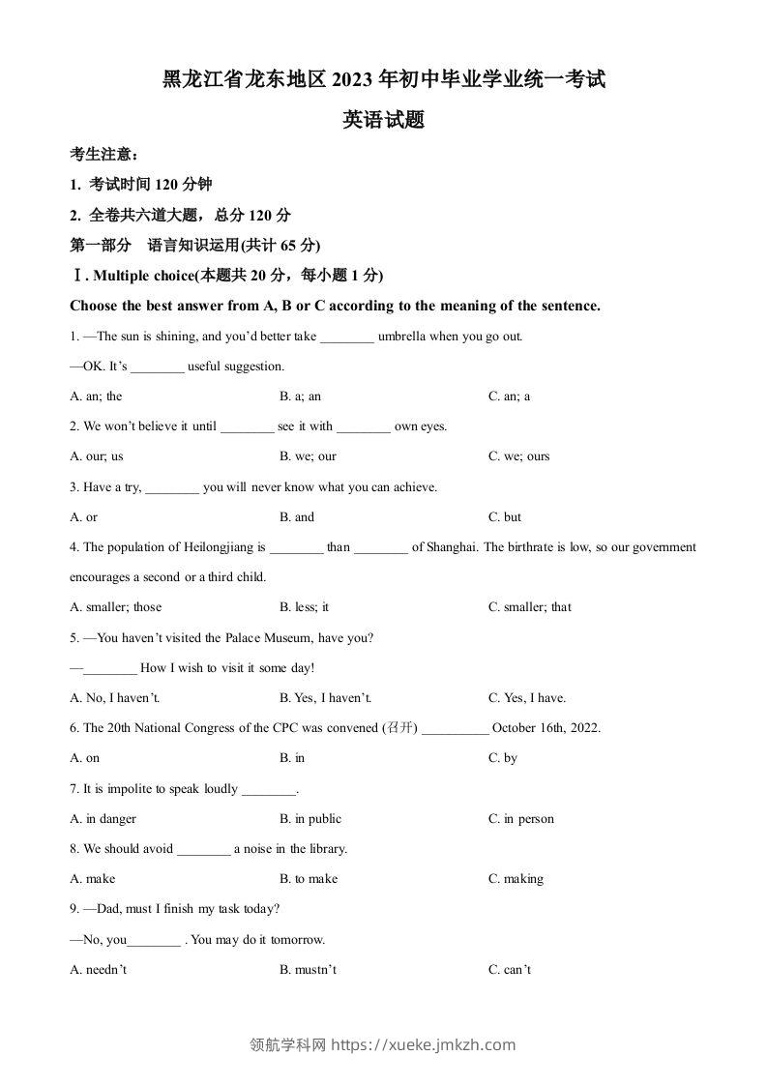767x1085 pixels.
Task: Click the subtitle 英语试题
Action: tap(384, 121)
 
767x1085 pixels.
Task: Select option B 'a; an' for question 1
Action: tap(300, 396)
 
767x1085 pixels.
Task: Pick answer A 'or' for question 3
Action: tap(84, 517)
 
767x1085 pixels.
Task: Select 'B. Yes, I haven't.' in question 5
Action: tap(325, 698)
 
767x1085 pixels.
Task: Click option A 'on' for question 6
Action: tap(85, 758)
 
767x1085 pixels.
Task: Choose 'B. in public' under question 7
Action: tap(310, 819)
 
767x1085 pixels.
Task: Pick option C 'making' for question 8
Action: tap(516, 879)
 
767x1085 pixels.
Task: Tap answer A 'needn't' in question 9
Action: tap(99, 970)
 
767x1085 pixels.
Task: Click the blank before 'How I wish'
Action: tap(110, 668)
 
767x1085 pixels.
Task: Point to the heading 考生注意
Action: tap(104, 154)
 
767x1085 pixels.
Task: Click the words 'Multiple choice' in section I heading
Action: tap(144, 276)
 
